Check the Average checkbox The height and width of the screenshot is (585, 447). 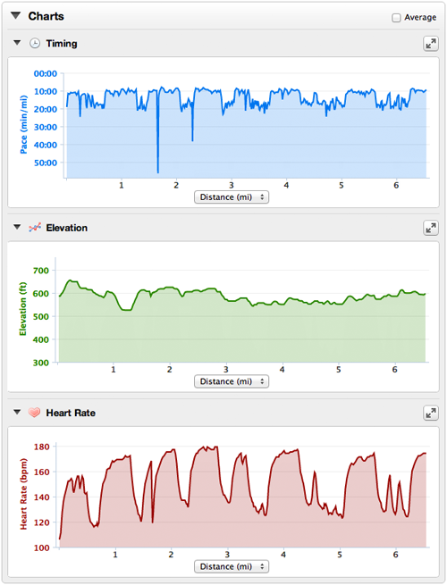[x=396, y=18]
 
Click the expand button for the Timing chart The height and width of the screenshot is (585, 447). [x=431, y=44]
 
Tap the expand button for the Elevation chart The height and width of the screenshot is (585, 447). [x=431, y=228]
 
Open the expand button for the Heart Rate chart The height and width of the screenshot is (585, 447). [x=431, y=413]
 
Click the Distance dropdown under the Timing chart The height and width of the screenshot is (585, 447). [x=232, y=197]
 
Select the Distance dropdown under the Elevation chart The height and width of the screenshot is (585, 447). [x=232, y=381]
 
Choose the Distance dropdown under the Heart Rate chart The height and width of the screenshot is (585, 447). [x=232, y=566]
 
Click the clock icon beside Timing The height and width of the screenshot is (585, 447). [x=35, y=43]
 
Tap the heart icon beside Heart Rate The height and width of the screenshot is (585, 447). [x=34, y=413]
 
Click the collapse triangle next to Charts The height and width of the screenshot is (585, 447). [x=16, y=16]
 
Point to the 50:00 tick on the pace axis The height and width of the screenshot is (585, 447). [x=46, y=163]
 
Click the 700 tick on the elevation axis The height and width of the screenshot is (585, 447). [x=41, y=271]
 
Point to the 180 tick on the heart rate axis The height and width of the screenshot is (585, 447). [x=42, y=447]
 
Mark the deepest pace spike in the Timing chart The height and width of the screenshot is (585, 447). [x=158, y=172]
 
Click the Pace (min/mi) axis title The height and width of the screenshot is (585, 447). [x=23, y=125]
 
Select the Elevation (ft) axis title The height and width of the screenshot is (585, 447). [x=23, y=309]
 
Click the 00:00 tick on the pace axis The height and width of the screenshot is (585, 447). [x=46, y=73]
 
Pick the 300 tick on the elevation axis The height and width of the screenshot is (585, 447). [x=41, y=363]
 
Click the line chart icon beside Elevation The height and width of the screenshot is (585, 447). [x=35, y=227]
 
